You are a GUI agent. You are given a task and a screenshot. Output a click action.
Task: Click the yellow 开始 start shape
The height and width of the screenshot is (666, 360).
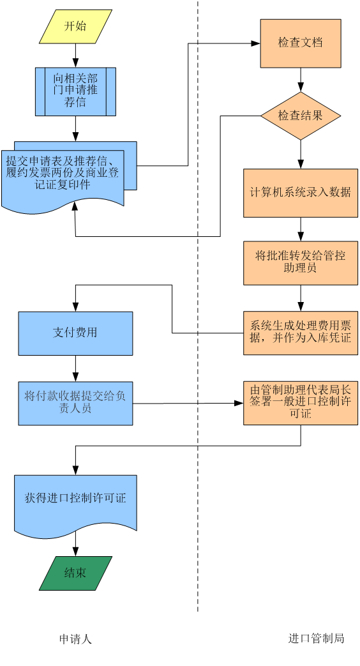click(75, 27)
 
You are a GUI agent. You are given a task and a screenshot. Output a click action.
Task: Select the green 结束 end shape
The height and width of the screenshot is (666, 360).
click(75, 573)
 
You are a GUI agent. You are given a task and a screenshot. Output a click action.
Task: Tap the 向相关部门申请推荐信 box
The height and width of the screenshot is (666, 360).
click(75, 91)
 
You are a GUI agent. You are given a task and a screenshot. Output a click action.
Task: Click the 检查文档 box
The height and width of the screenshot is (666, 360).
click(301, 43)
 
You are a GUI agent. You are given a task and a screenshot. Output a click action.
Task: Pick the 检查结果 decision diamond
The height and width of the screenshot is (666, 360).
click(301, 116)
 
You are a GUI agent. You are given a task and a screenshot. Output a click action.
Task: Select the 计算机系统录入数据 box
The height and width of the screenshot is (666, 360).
click(301, 193)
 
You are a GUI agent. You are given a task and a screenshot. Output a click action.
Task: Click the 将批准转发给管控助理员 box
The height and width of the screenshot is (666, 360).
click(301, 263)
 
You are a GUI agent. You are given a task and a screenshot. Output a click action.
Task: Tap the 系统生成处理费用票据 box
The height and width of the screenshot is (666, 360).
click(301, 333)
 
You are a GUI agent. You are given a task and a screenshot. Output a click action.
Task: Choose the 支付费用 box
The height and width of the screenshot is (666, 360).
click(75, 333)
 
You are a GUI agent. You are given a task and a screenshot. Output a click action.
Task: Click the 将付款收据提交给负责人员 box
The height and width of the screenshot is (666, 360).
click(75, 404)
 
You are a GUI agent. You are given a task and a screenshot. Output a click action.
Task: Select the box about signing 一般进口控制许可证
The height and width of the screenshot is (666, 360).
click(301, 403)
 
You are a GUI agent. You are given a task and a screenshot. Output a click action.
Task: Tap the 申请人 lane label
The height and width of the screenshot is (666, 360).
click(75, 639)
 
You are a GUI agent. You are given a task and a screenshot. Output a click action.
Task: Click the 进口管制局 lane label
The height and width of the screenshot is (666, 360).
click(316, 638)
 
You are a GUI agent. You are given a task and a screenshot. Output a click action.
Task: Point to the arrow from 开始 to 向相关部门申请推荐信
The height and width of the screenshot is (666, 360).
click(75, 55)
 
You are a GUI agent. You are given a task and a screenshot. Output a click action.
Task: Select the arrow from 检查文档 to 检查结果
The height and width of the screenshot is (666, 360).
click(301, 80)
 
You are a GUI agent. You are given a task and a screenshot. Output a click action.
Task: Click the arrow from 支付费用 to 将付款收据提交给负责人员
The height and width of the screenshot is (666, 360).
click(75, 368)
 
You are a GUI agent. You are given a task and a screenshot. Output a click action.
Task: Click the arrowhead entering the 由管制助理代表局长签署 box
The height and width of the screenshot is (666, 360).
click(239, 403)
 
